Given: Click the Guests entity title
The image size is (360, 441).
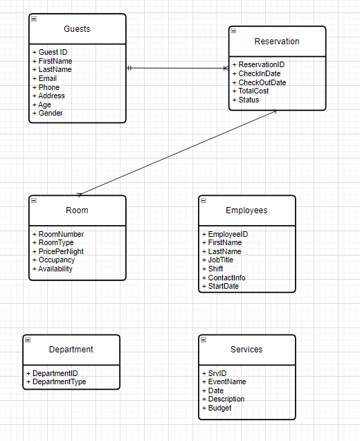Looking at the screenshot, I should point(77,29).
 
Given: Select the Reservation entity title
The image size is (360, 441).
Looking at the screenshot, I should point(277,42).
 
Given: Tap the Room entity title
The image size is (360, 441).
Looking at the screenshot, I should point(77,210).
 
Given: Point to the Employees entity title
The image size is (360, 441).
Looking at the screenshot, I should point(246,210).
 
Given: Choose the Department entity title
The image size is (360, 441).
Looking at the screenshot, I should point(71,350).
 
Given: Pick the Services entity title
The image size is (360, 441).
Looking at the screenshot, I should point(246,350).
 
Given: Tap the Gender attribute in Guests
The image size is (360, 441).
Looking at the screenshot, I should point(50,114).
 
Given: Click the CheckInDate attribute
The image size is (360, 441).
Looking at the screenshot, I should point(259,73).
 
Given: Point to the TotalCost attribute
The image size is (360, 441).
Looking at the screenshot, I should point(253,91).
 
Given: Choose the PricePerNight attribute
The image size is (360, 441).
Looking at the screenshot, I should point(61,251).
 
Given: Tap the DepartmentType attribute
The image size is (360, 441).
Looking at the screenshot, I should point(59,381).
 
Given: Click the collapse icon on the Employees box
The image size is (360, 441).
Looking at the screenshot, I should point(204,201).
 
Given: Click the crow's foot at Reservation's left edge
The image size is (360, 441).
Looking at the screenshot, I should point(225,68).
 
